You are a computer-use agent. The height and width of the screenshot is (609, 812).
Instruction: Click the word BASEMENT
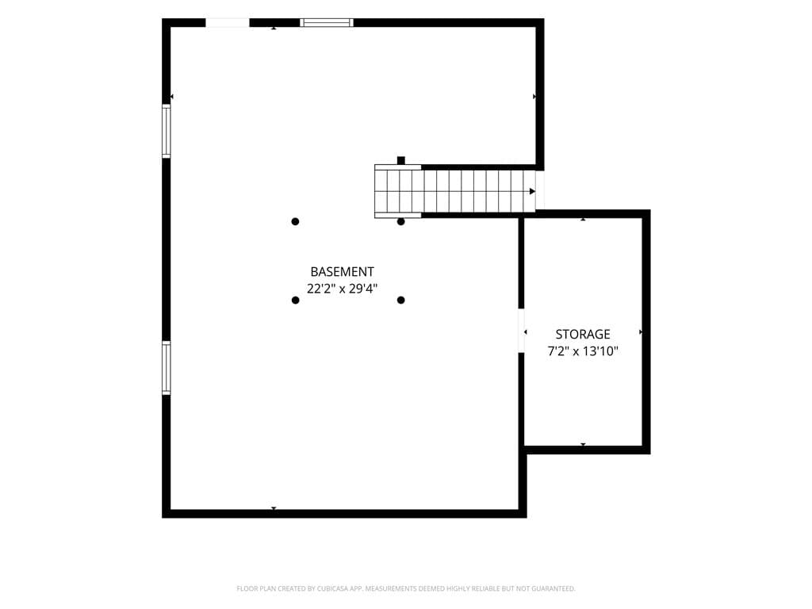(x=342, y=272)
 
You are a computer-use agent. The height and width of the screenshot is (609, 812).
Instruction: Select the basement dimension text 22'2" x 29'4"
(x=342, y=289)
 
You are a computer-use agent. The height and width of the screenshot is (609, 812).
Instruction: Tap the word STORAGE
(x=583, y=335)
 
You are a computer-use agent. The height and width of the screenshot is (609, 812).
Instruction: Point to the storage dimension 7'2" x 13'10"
(x=583, y=351)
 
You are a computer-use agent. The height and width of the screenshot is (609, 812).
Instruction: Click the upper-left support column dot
(x=295, y=222)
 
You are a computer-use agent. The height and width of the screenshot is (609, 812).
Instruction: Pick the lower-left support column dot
(x=295, y=301)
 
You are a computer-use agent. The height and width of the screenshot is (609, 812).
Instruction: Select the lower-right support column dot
(x=400, y=301)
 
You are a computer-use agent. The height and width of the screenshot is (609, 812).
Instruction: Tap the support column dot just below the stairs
(x=400, y=222)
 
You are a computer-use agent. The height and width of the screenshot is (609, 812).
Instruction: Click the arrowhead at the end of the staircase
(x=532, y=192)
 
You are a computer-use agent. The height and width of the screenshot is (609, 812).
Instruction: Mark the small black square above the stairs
(x=400, y=160)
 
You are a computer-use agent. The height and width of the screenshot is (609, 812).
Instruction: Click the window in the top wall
(x=327, y=23)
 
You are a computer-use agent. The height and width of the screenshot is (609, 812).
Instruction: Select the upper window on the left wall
(x=167, y=131)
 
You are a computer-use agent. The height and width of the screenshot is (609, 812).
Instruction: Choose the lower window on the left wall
(x=167, y=368)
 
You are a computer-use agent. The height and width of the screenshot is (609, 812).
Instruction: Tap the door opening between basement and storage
(x=522, y=331)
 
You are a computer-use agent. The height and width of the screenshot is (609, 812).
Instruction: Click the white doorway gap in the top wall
(x=228, y=23)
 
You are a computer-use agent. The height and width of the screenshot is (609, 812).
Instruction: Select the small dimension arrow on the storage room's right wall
(x=641, y=332)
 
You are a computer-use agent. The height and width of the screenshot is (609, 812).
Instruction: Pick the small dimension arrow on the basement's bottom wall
(x=274, y=508)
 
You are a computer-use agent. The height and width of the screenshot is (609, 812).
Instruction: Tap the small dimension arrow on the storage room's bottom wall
(x=583, y=444)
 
